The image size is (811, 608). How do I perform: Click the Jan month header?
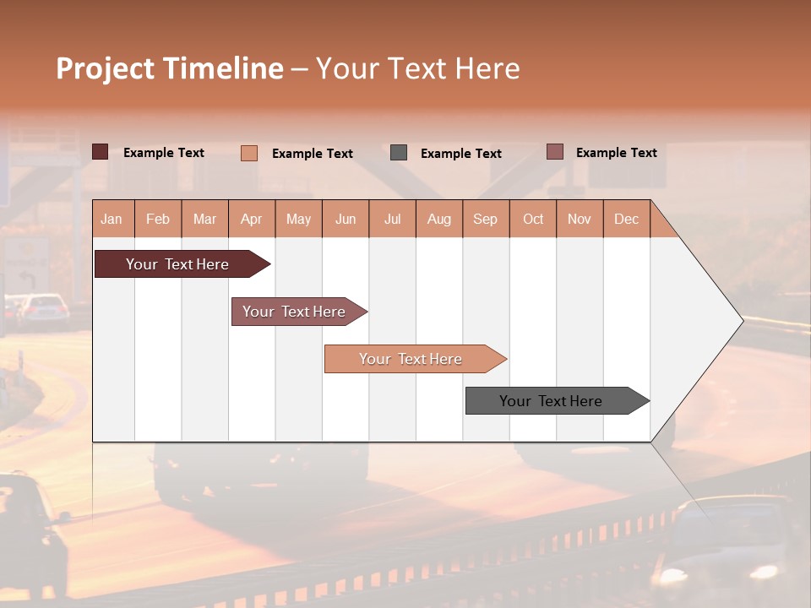(x=112, y=219)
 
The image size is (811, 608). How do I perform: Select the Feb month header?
(x=158, y=219)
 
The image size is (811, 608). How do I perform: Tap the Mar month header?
(x=204, y=219)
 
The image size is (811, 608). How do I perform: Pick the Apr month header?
(x=251, y=219)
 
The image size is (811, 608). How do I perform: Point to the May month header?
(x=298, y=219)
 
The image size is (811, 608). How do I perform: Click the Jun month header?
(x=346, y=219)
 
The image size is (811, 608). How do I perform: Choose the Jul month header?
(x=392, y=219)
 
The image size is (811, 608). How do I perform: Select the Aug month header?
(x=438, y=219)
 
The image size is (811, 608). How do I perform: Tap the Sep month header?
(x=485, y=219)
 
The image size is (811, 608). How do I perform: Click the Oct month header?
(x=533, y=219)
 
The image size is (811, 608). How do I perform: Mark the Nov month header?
(x=580, y=219)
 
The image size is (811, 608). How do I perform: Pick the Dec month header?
(x=626, y=219)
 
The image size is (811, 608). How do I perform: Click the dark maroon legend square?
(x=101, y=152)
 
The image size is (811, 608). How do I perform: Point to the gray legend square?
(x=399, y=153)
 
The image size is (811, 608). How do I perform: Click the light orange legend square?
(x=249, y=153)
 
